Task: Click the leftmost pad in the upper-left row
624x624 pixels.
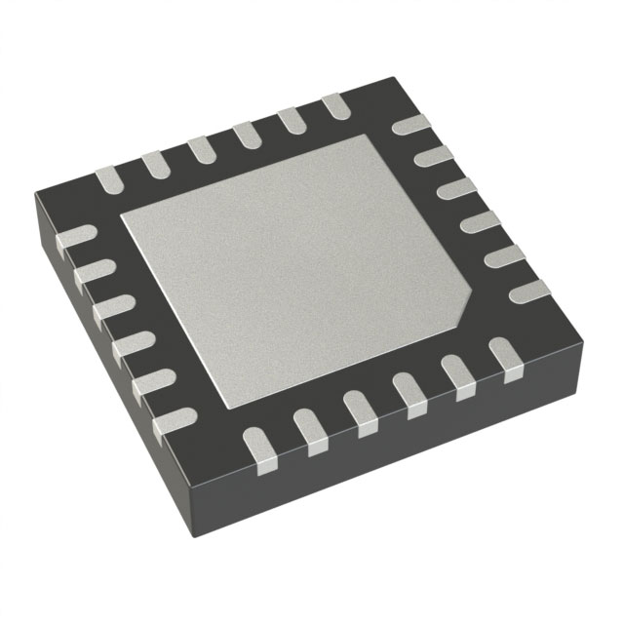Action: [108, 179]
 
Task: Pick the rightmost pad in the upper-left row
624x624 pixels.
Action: [334, 106]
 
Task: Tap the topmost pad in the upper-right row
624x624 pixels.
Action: [409, 125]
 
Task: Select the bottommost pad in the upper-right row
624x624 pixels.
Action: [528, 290]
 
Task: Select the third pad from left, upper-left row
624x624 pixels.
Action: [202, 149]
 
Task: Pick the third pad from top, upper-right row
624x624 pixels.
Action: [453, 186]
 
